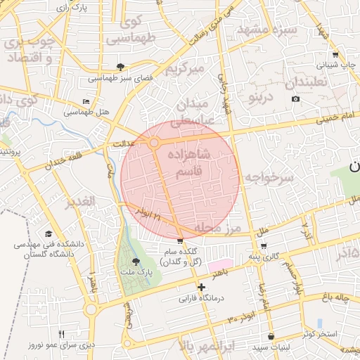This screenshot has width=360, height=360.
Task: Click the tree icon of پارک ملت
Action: click(x=136, y=261)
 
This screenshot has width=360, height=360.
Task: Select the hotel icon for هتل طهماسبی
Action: click(x=86, y=102)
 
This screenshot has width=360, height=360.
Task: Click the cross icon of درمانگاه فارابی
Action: click(x=202, y=287)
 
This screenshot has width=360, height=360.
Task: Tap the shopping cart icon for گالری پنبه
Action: click(x=264, y=246)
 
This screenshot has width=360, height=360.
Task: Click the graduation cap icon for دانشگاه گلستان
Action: click(x=49, y=234)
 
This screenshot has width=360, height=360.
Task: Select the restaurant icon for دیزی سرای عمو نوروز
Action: click(x=61, y=334)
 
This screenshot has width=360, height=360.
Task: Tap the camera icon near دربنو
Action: click(x=295, y=98)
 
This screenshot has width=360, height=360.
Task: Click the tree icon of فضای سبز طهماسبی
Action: click(x=122, y=67)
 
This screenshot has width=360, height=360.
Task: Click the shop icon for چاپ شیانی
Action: click(x=335, y=54)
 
